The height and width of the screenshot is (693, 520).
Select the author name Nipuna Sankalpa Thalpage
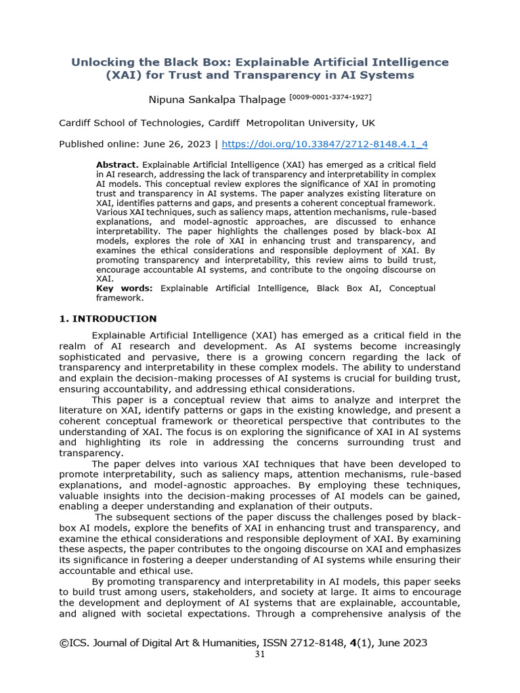coord(217,100)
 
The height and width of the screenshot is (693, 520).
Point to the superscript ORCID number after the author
coord(330,97)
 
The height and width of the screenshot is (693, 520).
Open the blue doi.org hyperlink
coord(325,144)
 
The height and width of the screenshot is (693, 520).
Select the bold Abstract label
coord(117,164)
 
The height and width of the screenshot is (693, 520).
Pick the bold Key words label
coord(125,288)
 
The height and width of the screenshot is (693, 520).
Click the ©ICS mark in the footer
coord(73,643)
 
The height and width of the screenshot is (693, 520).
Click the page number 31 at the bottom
coord(259,655)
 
